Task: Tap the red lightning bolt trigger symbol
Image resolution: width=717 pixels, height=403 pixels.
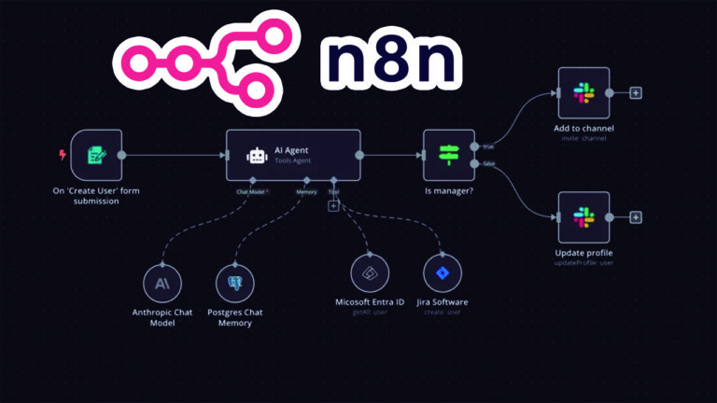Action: [63, 155]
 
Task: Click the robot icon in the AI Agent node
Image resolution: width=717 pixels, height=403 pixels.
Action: [256, 156]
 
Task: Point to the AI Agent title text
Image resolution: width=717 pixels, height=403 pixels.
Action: [291, 149]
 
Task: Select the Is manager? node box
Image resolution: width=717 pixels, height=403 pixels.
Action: [449, 155]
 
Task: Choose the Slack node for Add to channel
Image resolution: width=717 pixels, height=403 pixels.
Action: [583, 92]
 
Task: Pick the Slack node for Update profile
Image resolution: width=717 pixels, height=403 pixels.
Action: [583, 217]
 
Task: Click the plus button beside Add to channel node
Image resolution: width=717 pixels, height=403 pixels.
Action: [636, 92]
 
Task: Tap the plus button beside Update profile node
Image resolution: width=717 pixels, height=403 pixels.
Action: [636, 217]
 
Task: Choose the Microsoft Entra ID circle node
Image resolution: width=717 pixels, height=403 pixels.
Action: [370, 273]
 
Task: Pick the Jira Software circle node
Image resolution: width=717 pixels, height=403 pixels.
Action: [442, 273]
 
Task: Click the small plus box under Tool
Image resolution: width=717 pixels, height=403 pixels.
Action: [333, 206]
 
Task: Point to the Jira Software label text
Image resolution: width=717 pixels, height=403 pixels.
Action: [442, 302]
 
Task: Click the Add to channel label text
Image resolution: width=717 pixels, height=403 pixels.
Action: [583, 128]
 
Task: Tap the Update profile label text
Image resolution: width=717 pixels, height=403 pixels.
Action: [583, 253]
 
